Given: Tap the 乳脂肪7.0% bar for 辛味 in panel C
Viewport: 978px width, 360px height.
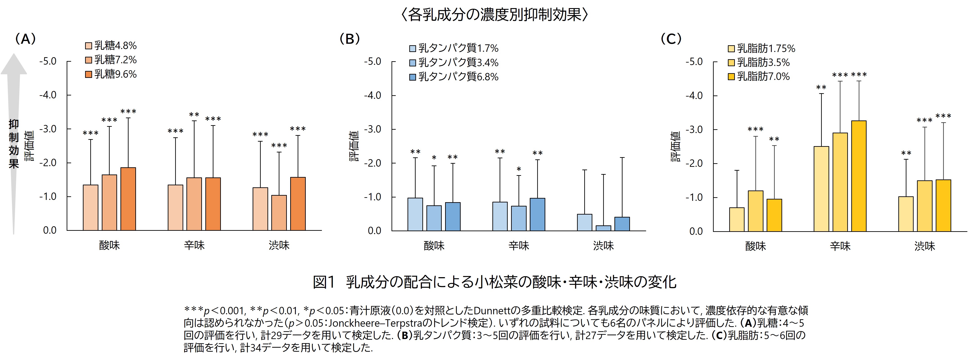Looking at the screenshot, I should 859,176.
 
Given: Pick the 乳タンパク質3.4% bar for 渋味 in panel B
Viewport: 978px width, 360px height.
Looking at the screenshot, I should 603,228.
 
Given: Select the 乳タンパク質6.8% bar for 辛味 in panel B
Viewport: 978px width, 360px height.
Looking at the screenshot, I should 537,215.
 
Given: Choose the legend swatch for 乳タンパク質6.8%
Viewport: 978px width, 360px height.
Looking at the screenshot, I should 413,77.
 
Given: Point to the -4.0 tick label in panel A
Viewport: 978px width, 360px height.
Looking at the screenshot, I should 48,95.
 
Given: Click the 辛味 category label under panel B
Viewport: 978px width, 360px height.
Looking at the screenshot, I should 519,246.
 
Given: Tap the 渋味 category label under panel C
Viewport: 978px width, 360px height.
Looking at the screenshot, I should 924,246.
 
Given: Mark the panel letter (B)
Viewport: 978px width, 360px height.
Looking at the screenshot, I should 349,39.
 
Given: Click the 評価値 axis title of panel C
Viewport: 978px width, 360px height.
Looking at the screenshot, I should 676,147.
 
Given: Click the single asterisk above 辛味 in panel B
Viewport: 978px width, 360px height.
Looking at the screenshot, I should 519,169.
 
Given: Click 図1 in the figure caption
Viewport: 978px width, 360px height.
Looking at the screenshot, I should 324,282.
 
